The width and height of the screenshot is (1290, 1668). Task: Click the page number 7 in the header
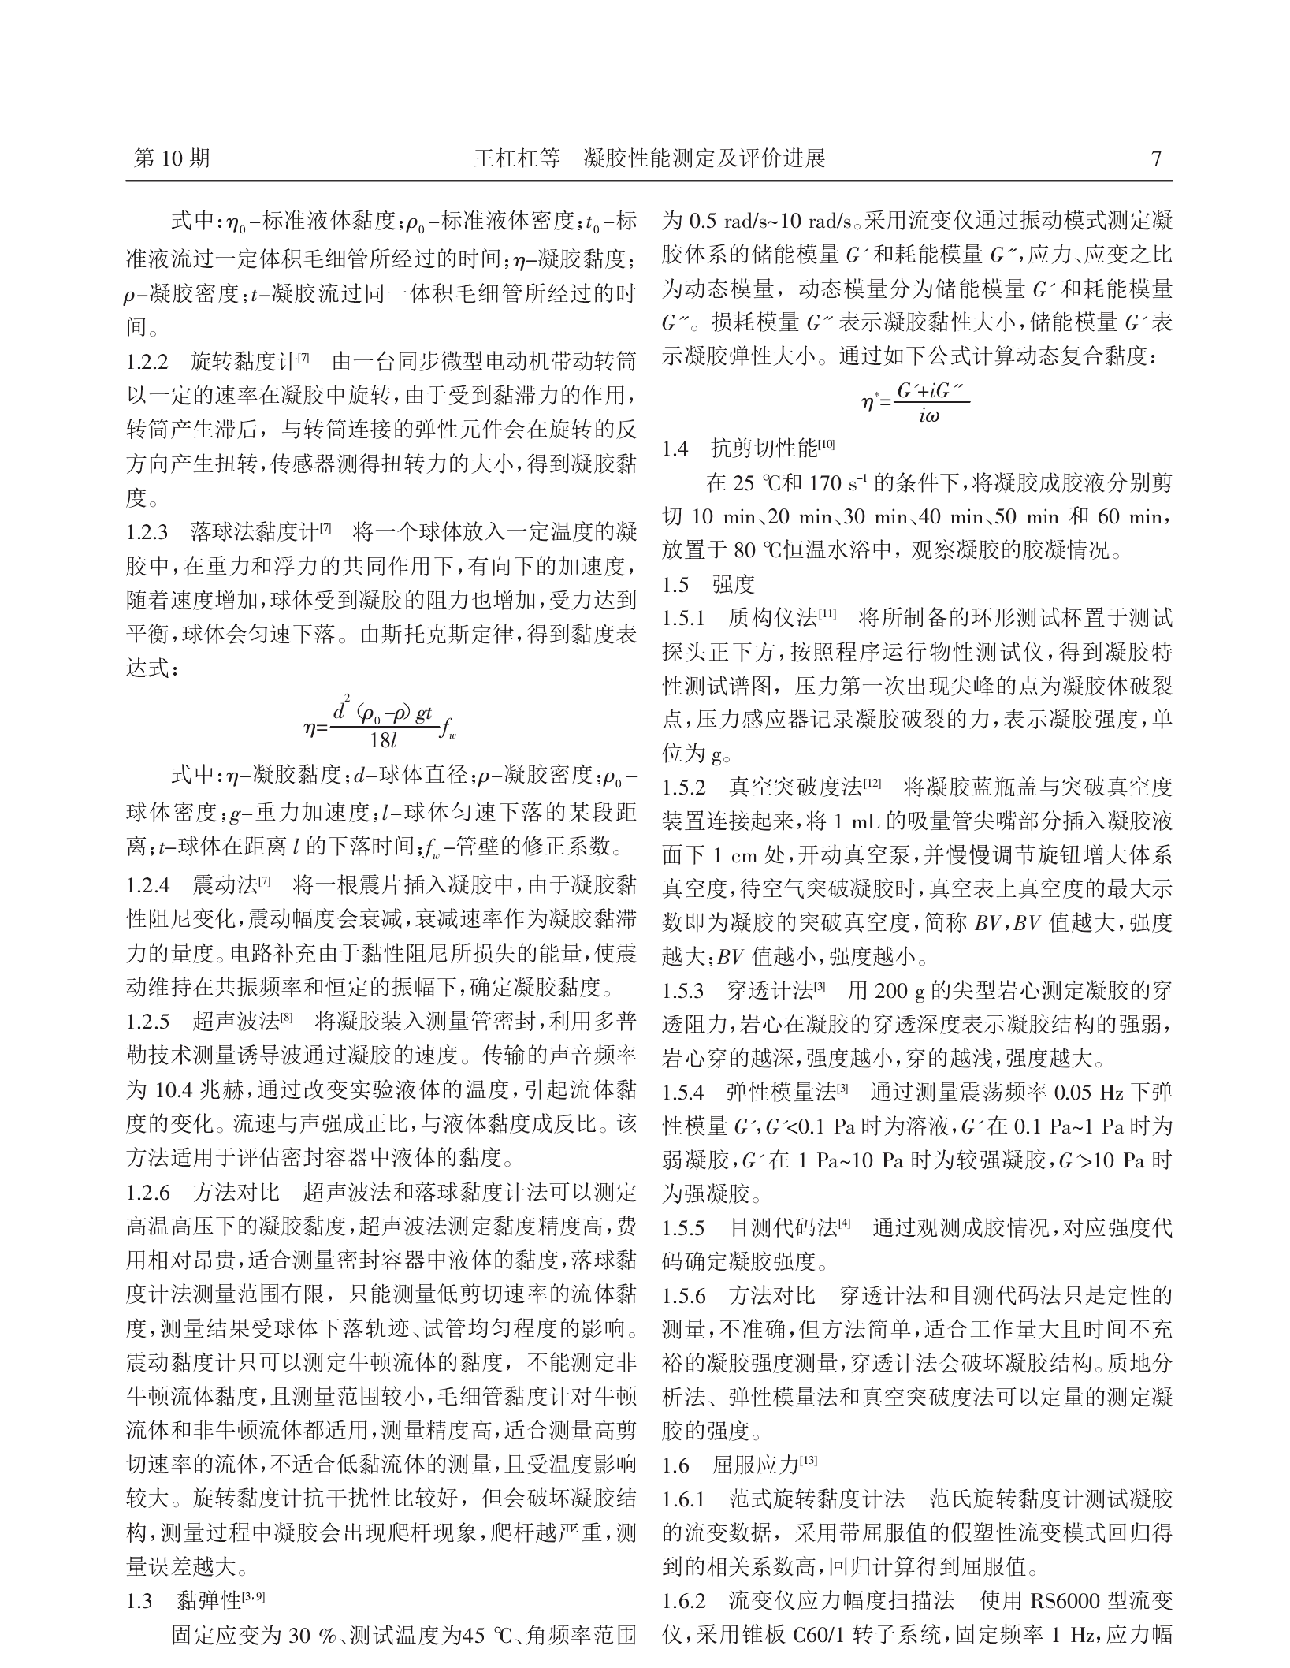click(x=1156, y=158)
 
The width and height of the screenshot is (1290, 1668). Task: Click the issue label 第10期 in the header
click(x=172, y=158)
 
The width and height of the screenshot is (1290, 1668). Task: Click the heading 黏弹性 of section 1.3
click(x=209, y=1601)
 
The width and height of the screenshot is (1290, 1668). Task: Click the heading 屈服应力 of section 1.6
click(x=756, y=1465)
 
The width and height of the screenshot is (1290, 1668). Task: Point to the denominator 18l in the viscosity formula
click(x=385, y=740)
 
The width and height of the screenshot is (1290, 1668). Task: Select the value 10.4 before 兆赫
click(x=171, y=1091)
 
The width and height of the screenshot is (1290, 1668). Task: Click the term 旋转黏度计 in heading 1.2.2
click(x=243, y=363)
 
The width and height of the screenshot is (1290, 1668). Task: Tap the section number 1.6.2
click(x=683, y=1601)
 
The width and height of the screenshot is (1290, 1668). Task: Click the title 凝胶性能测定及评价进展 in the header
click(x=704, y=158)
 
